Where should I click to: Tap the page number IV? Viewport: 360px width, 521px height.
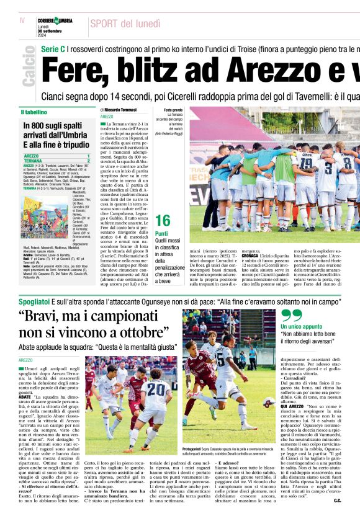pyautogui.click(x=22, y=20)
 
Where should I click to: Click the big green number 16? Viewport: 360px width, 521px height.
pyautogui.click(x=163, y=220)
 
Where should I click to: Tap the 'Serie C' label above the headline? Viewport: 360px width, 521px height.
pyautogui.click(x=53, y=48)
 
